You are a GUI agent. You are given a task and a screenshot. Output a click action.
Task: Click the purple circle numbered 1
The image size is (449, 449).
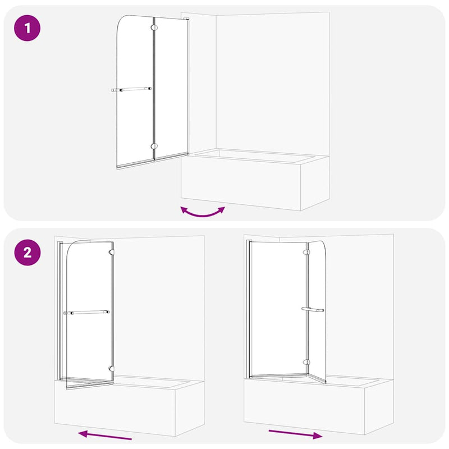27,29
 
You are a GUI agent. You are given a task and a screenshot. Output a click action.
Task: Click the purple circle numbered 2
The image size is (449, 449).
27,252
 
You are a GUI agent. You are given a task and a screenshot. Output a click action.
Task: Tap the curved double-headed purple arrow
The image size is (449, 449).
202,212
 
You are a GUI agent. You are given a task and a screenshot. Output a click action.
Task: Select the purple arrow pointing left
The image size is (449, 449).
105,435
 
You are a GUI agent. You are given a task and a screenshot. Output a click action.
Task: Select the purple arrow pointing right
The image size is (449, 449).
295,433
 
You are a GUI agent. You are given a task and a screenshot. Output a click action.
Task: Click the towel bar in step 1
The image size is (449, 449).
132,89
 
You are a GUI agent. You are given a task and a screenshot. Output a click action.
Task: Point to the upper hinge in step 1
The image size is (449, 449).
153,26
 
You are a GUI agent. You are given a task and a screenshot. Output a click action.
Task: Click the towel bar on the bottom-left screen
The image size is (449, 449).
86,313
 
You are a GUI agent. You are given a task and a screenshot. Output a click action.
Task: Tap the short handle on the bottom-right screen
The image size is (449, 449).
311,309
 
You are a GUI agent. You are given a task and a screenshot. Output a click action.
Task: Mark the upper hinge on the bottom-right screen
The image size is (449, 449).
306,253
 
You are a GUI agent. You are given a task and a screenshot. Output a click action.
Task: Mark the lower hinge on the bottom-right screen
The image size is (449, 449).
306,362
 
